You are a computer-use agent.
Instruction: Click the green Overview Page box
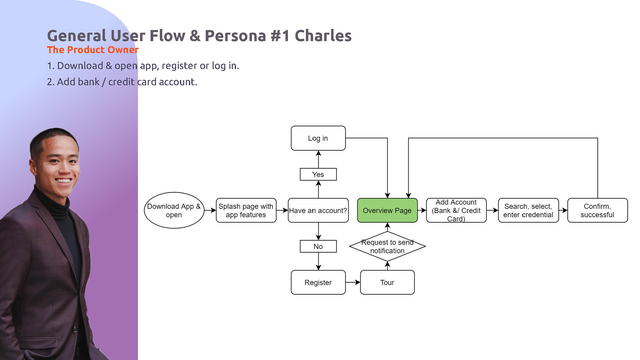387,210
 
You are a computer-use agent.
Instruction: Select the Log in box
318,138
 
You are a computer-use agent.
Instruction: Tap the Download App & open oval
174,210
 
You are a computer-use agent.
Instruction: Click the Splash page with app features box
246,210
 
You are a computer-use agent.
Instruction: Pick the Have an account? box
318,210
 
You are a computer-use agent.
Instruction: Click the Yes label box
318,174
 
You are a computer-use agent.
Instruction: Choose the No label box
318,246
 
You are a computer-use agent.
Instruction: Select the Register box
318,282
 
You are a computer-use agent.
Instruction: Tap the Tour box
387,282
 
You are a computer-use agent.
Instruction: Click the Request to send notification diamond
387,246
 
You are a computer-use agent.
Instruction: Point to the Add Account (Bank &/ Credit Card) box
456,210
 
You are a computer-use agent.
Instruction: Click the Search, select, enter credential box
528,210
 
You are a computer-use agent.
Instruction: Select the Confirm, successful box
598,210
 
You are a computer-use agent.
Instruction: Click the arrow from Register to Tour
353,282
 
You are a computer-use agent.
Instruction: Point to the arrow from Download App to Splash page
210,210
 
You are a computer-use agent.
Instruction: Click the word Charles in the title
323,36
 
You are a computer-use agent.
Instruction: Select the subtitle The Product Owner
93,50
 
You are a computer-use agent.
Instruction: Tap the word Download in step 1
80,66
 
